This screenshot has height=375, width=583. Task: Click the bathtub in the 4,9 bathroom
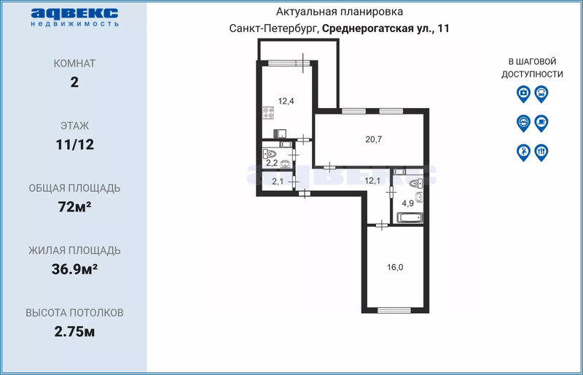(x=410, y=217)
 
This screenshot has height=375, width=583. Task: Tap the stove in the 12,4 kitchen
(x=268, y=113)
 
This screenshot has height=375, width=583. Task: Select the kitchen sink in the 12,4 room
(x=280, y=134)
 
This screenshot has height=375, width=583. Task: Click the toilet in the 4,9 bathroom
(x=416, y=183)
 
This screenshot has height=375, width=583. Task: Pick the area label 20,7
(x=374, y=139)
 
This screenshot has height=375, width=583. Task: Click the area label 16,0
(x=395, y=267)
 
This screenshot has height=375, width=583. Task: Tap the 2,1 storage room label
(x=278, y=182)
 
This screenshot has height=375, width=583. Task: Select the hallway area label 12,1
(x=372, y=181)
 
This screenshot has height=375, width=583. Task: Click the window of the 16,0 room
(x=394, y=310)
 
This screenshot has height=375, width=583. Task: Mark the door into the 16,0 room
(x=381, y=225)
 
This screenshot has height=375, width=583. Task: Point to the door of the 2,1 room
(x=294, y=182)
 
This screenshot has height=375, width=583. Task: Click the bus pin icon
(x=541, y=94)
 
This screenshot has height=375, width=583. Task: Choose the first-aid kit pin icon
(x=523, y=94)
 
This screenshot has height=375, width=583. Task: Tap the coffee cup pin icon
(x=541, y=123)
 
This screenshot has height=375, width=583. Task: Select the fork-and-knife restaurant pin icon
(x=541, y=152)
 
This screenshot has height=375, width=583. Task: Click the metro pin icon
(x=523, y=123)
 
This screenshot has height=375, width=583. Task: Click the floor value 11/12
(x=75, y=144)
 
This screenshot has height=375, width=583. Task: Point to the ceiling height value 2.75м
(x=75, y=331)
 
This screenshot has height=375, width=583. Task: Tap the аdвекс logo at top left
(x=74, y=17)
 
